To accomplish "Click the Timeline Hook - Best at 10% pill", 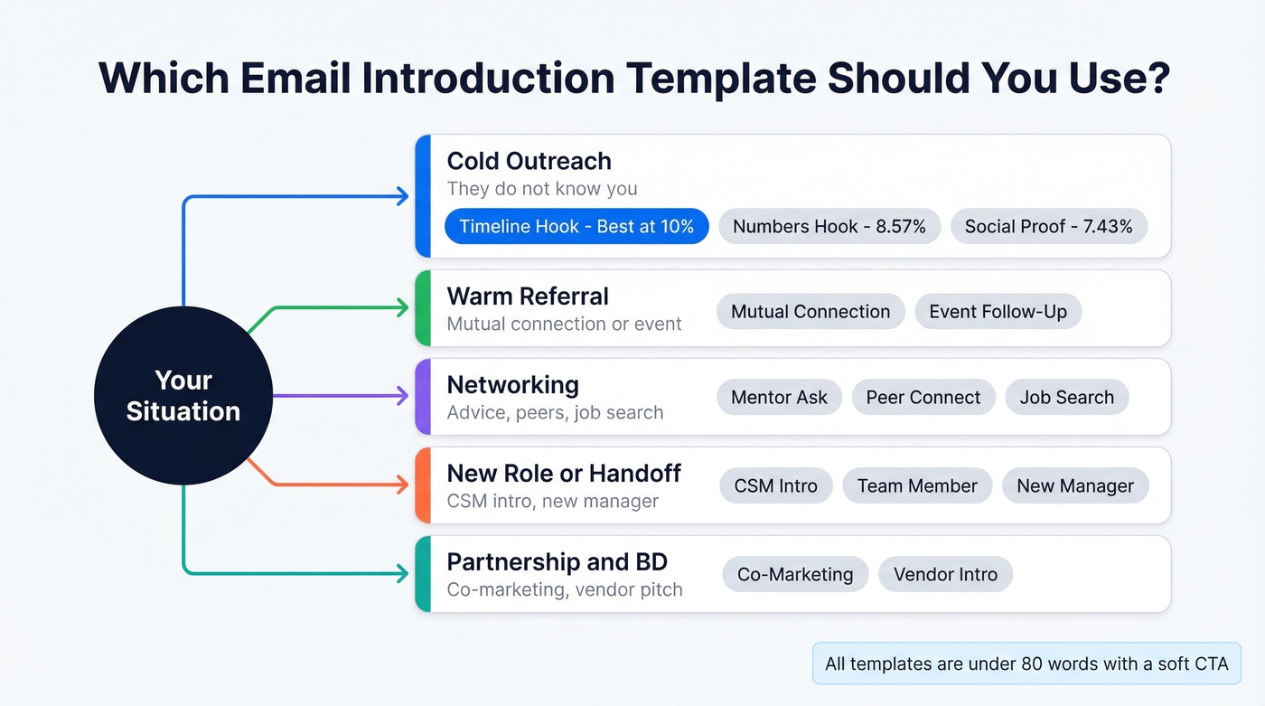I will click(x=576, y=226).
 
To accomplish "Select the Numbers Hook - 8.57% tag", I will click(x=829, y=226).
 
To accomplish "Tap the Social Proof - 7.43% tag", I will click(x=1048, y=226).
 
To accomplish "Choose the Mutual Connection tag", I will click(x=810, y=312).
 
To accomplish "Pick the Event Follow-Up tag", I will click(x=998, y=312).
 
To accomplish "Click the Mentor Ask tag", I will click(x=779, y=398).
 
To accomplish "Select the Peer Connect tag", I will click(x=923, y=398).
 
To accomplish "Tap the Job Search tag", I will click(x=1066, y=398).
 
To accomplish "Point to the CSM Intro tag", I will click(x=775, y=486).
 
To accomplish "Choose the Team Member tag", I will click(x=917, y=486).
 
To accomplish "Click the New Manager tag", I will click(x=1074, y=486).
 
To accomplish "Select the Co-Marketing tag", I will click(x=795, y=575).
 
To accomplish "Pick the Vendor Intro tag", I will click(x=945, y=575).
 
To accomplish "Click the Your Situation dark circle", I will click(x=183, y=396).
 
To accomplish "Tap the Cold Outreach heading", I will click(x=529, y=161).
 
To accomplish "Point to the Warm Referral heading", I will click(x=528, y=297).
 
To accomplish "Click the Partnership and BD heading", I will click(x=557, y=562).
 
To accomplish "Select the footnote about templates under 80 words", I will click(x=1026, y=664).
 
